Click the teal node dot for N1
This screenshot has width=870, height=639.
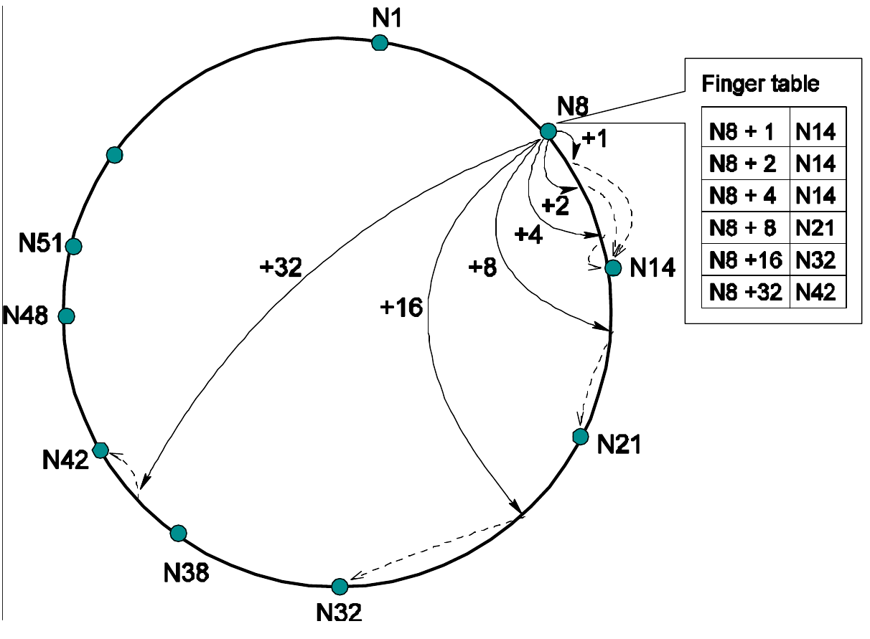click(x=380, y=43)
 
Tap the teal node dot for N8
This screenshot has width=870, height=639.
click(x=548, y=131)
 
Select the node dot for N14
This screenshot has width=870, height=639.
click(x=612, y=268)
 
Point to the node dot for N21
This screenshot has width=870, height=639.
click(x=579, y=436)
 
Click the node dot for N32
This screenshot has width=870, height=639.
click(x=340, y=587)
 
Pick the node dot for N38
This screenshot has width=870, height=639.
click(x=179, y=533)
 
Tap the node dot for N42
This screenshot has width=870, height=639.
click(x=100, y=450)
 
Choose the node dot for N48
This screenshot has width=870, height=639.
click(x=66, y=316)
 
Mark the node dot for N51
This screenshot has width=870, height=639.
click(x=73, y=246)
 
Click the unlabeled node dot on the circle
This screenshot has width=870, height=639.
click(x=113, y=154)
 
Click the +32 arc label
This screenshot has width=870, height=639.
click(x=281, y=268)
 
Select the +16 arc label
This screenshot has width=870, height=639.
click(x=401, y=308)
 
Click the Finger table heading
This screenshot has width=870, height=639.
click(x=761, y=83)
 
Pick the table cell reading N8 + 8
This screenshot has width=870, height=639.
click(x=744, y=229)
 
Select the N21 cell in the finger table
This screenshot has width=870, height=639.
click(x=816, y=229)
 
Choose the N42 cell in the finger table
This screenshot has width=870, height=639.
click(x=816, y=293)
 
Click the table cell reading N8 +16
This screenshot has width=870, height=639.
click(x=744, y=261)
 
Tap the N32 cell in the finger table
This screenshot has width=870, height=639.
click(x=816, y=261)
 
